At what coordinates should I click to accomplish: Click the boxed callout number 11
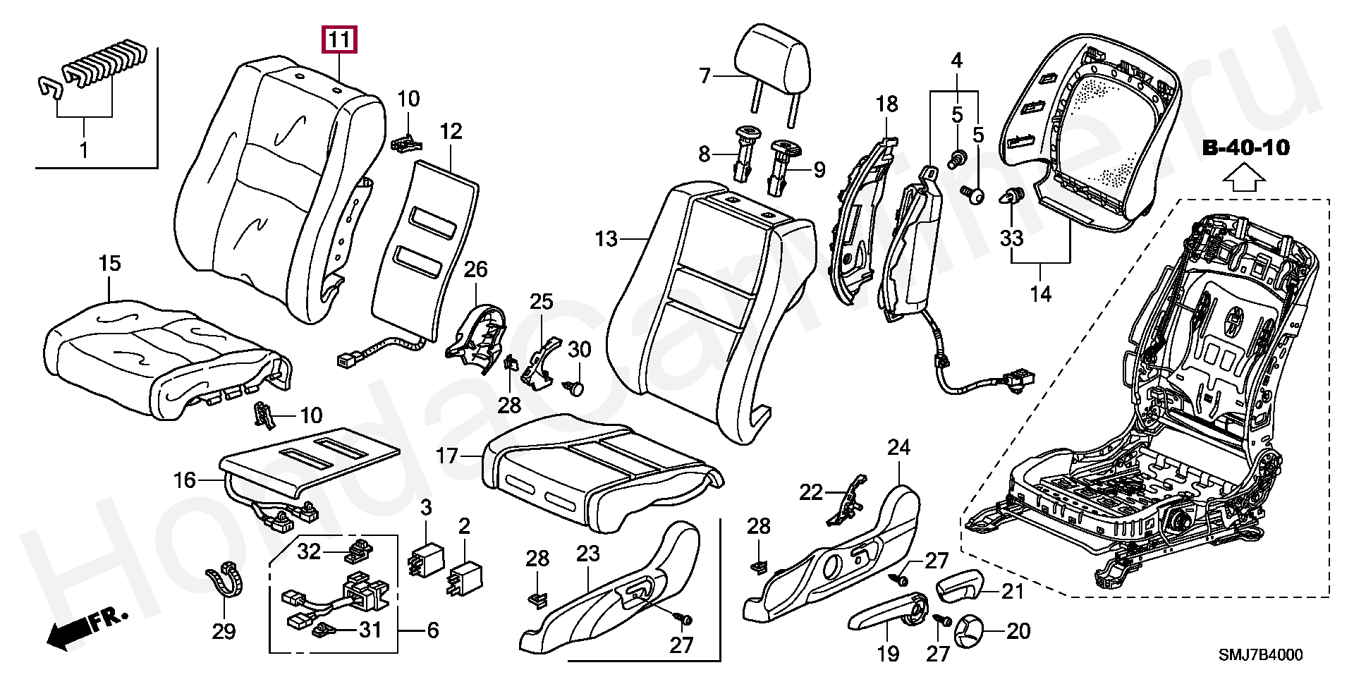pyautogui.click(x=339, y=40)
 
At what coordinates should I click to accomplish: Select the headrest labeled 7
pyautogui.click(x=772, y=67)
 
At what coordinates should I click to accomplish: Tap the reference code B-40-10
pyautogui.click(x=1246, y=148)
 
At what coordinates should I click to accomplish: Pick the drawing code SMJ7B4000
pyautogui.click(x=1261, y=655)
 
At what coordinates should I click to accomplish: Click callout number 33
pyautogui.click(x=1012, y=238)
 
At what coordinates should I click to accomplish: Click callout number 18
pyautogui.click(x=887, y=104)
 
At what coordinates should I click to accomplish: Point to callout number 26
pyautogui.click(x=476, y=269)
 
